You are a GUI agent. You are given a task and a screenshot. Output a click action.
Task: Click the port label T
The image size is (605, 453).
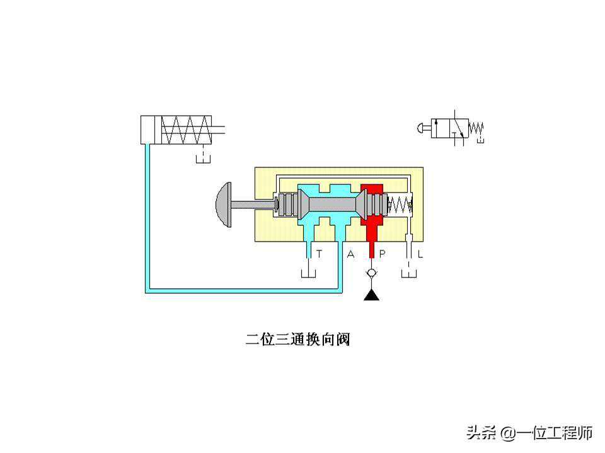click(320, 254)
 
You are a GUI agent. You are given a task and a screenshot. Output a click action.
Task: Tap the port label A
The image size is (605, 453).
click(351, 254)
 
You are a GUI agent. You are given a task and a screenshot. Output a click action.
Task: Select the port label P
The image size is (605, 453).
click(382, 254)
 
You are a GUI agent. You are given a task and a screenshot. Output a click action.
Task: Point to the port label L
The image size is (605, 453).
click(420, 254)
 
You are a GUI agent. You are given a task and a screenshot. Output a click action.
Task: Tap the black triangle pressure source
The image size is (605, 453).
click(372, 294)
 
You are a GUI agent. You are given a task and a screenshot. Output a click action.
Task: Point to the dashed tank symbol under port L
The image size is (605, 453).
click(410, 275)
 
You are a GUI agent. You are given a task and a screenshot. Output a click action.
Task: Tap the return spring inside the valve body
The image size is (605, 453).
click(400, 204)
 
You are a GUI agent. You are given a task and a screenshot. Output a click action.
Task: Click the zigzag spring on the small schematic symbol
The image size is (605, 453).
click(476, 128)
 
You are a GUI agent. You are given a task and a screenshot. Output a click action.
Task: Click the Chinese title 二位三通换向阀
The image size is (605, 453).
click(297, 340)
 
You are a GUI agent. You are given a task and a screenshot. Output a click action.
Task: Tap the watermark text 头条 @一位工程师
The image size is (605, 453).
click(529, 433)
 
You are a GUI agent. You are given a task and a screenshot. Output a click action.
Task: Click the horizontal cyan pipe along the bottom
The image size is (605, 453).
click(246, 290)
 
